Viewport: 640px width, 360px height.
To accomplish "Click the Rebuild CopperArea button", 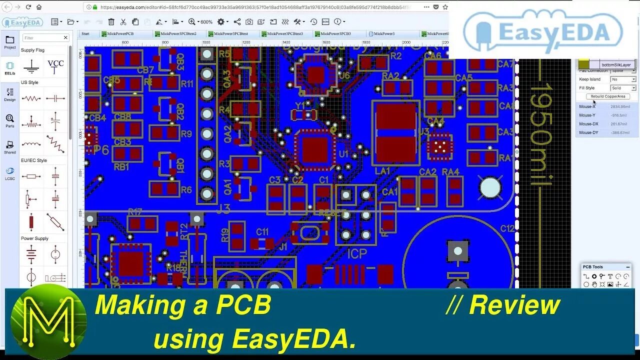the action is point(607,96).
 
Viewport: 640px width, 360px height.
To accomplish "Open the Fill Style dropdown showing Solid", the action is point(623,88).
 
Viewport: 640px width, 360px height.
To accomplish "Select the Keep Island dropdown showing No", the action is point(623,79).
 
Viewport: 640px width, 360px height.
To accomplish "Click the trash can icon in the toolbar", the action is point(111,22).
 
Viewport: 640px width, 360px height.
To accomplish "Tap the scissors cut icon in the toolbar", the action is point(123,22).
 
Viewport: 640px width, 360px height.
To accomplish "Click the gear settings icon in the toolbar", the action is point(220,22).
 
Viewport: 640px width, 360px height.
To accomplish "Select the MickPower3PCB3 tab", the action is point(335,34).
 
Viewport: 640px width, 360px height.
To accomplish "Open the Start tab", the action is point(85,34).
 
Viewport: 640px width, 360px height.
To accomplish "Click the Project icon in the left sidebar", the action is point(10,42).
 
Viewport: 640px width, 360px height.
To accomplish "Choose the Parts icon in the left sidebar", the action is point(10,120).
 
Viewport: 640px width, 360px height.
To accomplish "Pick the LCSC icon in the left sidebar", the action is point(10,173).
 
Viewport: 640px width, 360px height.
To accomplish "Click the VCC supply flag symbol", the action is point(55,65).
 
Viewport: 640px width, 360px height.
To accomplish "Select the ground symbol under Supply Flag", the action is point(31,66).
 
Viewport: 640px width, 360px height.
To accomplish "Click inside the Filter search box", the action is point(42,38).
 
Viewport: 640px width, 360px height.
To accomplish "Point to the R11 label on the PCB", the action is point(187,84).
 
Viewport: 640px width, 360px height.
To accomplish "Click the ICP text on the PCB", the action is point(357,254).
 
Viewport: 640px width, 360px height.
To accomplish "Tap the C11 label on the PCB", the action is point(262,232).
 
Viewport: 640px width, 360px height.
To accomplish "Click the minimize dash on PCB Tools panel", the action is point(628,267).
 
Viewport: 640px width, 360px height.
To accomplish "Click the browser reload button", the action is point(28,7).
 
